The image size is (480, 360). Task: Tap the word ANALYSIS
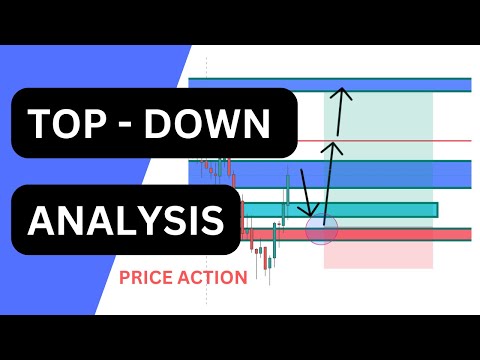click(126, 219)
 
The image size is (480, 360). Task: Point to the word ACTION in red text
click(212, 277)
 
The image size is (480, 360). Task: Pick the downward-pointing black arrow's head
click(313, 211)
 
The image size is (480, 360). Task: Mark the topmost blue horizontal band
click(400, 85)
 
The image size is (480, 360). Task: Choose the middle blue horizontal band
click(400, 174)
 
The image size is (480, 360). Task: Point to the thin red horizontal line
click(400, 140)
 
